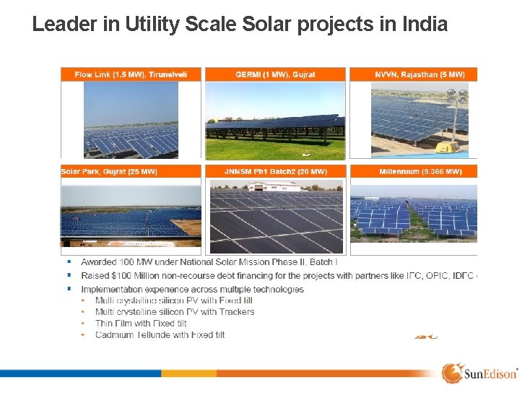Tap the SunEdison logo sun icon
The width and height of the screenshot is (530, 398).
(x=452, y=373)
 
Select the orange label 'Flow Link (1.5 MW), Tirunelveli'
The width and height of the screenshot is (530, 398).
(x=131, y=74)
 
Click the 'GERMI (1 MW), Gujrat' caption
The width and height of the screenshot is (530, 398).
(x=275, y=74)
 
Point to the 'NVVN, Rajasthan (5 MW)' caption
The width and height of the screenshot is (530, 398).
(x=420, y=74)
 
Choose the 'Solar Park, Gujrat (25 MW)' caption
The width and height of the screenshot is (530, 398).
(x=110, y=171)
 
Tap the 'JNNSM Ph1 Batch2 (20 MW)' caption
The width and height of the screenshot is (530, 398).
(x=275, y=171)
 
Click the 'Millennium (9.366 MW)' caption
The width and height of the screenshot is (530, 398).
(x=420, y=171)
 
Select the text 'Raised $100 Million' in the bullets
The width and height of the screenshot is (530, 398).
(x=124, y=275)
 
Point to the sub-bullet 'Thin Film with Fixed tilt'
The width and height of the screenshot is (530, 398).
(x=141, y=323)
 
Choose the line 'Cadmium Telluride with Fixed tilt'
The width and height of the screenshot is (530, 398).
(x=160, y=334)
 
